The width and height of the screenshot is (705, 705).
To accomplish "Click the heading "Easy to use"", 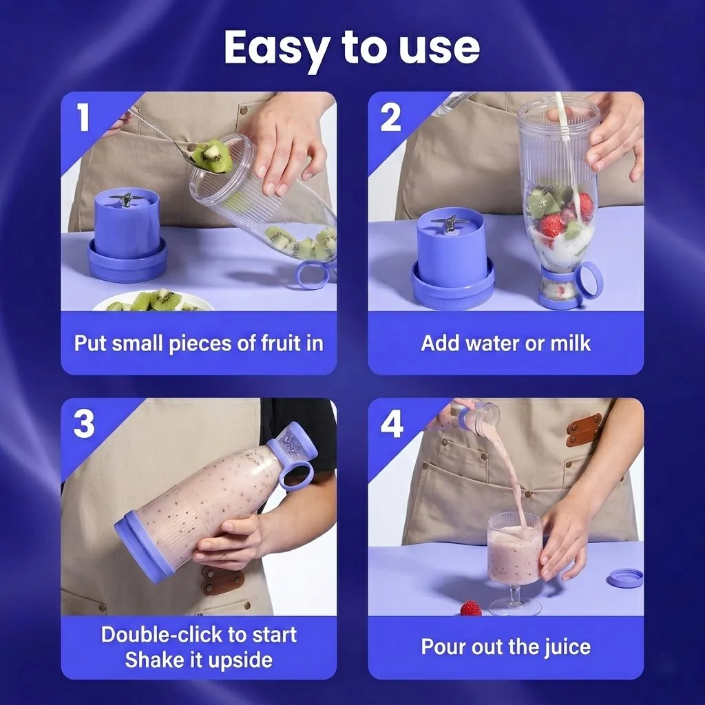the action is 352,48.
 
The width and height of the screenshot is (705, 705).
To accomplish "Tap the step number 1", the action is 83,117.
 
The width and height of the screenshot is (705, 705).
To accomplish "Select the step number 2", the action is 390,117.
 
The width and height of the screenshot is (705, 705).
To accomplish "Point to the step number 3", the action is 84,423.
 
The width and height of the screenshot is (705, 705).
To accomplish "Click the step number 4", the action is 392,423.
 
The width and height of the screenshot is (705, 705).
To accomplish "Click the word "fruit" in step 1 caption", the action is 281,343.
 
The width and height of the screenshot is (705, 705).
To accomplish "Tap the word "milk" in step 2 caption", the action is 571,343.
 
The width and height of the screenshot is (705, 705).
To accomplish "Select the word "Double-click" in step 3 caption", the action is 162,634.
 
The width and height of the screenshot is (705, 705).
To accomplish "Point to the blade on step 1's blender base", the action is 126,200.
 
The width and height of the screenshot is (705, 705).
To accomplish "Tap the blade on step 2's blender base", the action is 450,225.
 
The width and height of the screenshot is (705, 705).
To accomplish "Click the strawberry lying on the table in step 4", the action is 471,609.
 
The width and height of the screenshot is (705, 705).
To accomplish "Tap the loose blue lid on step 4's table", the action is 625,578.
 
